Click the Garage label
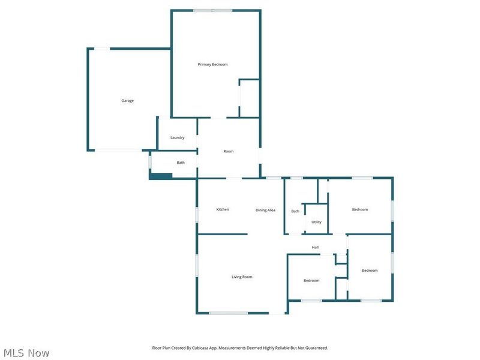pos(127,101)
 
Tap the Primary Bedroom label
pos(212,64)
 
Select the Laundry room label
pos(177,137)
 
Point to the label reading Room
pos(228,151)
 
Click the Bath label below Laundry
pos(180,163)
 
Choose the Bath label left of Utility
pos(295,211)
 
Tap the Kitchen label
pos(223,209)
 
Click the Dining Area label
pos(265,210)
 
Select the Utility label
pos(316,222)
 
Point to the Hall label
pos(315,247)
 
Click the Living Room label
pos(242,277)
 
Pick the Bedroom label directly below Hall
pos(311,280)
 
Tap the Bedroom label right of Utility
pos(359,209)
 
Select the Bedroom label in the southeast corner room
pos(370,271)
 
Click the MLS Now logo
pos(26,353)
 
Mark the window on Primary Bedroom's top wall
pos(212,10)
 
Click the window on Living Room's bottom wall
pos(228,313)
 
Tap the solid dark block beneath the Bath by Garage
pos(161,176)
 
